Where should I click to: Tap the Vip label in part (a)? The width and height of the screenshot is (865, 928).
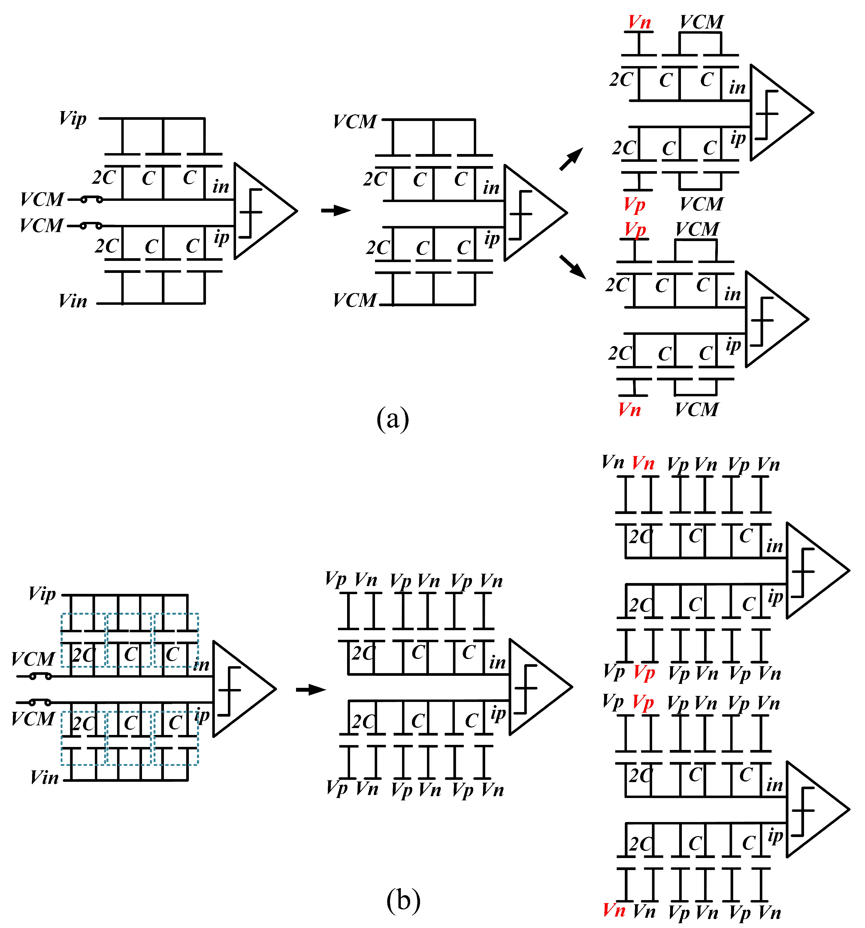pos(73,119)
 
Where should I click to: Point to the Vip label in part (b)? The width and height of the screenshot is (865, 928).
pos(42,594)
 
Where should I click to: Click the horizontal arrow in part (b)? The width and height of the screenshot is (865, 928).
pos(311,689)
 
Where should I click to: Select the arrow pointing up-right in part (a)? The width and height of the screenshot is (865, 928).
pos(571,159)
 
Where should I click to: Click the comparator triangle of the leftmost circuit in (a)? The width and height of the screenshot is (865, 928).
pos(262,211)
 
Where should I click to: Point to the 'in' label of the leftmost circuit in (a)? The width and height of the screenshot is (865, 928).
pos(221,187)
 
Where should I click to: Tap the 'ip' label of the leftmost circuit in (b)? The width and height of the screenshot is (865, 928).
pos(202,715)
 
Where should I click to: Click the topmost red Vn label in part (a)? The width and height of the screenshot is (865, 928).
pos(639,22)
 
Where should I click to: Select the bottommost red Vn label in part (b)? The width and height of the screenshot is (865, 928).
pos(614,910)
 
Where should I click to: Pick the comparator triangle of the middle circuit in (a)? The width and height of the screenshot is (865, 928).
pos(532,213)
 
